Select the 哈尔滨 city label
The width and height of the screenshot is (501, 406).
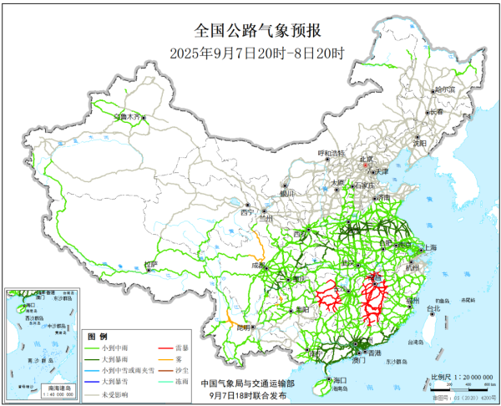point(445,89)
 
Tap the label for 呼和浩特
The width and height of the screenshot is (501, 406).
point(331,153)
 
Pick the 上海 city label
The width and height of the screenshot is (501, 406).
point(430,247)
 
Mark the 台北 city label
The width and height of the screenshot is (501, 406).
point(433,308)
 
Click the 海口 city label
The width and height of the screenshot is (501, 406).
point(338,379)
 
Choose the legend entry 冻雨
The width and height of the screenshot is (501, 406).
point(181,380)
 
